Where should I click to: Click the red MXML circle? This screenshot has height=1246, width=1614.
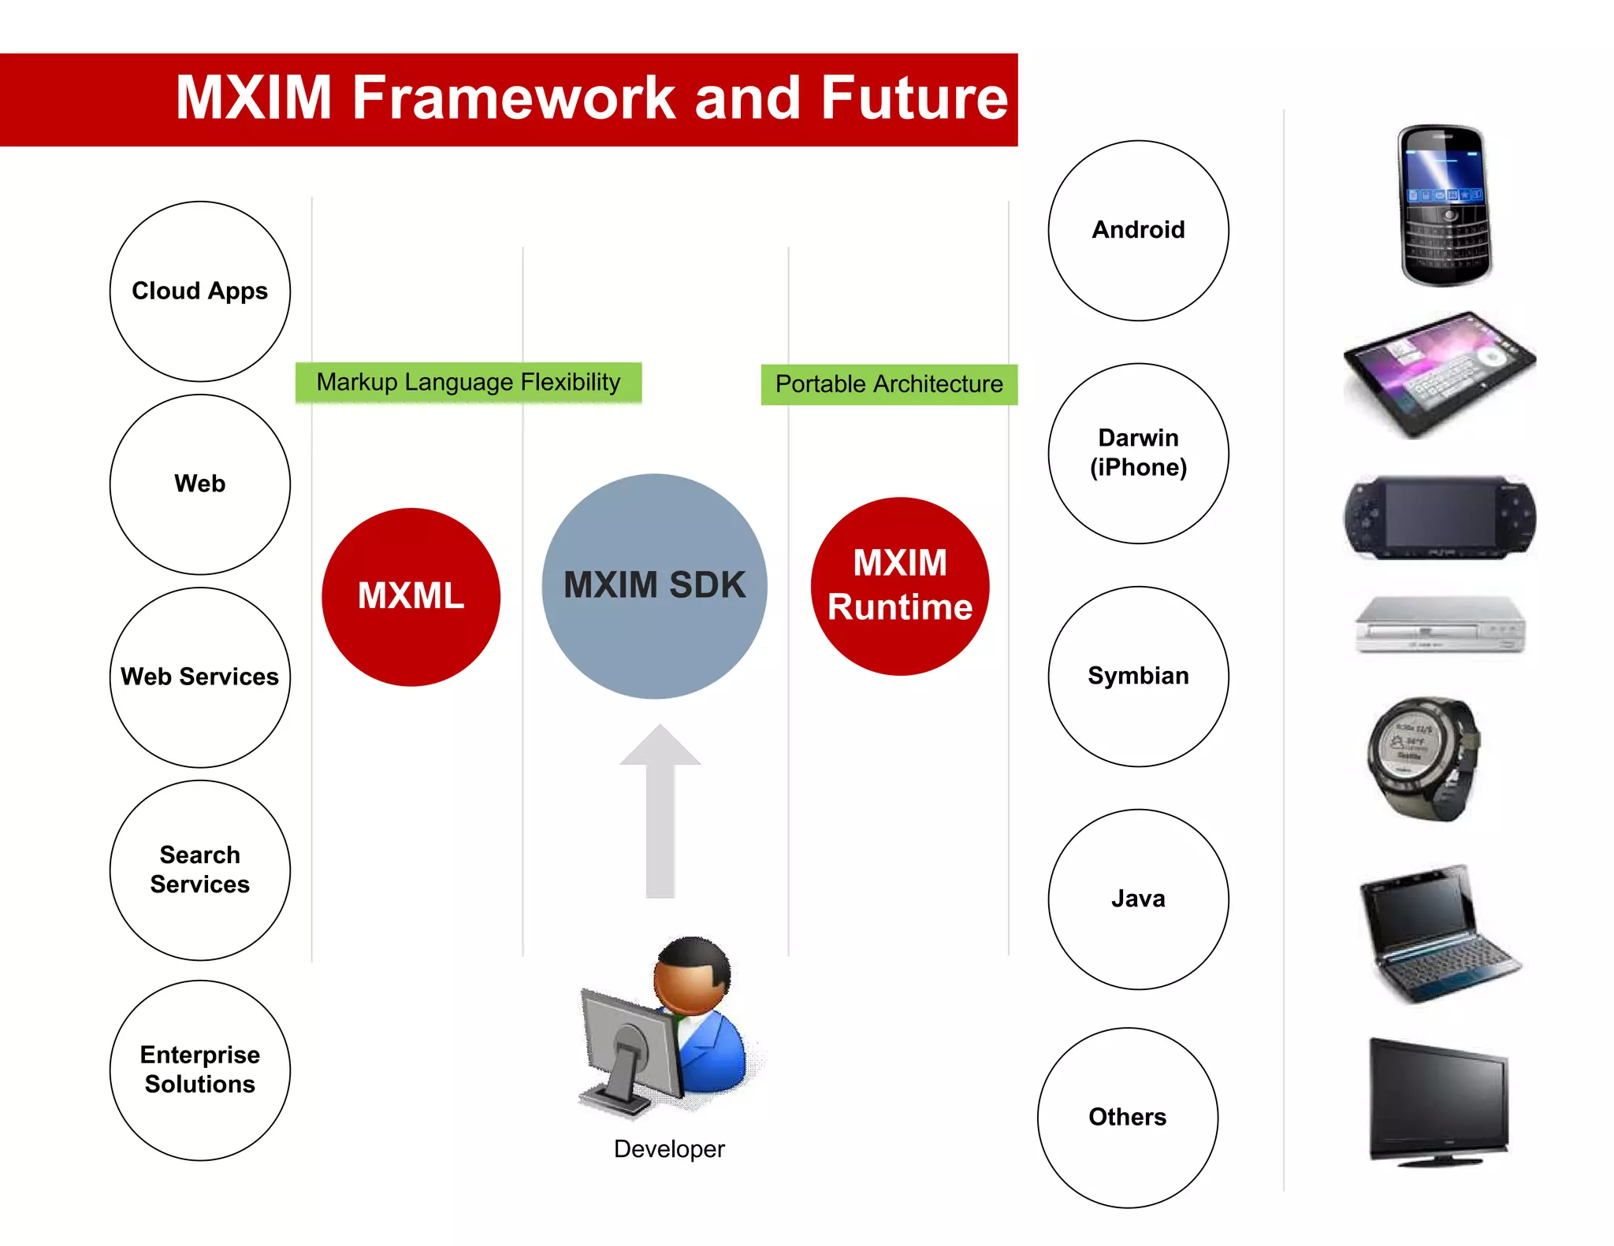(411, 596)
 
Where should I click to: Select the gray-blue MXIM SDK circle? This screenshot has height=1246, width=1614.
(654, 586)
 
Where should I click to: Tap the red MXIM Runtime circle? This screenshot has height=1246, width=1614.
(900, 586)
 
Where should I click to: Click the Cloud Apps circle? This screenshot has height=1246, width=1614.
(200, 291)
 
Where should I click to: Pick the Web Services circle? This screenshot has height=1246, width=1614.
(200, 677)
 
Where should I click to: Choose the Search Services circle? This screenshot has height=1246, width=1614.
(200, 870)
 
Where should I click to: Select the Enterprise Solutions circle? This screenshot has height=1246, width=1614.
(200, 1070)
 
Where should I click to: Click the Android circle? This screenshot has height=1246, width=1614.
(1138, 230)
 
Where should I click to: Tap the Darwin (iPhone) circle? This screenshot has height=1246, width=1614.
(1138, 453)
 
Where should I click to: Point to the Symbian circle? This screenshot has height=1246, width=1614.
(1138, 676)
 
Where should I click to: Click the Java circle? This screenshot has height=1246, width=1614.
(1138, 899)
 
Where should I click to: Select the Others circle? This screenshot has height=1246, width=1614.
(1127, 1117)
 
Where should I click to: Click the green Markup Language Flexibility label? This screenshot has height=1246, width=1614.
(468, 383)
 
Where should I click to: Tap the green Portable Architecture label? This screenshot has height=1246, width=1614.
(889, 384)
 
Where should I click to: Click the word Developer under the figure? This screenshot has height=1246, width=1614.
(669, 1149)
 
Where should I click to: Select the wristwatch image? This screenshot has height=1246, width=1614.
(1422, 758)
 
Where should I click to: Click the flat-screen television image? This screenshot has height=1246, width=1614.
(1439, 1101)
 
